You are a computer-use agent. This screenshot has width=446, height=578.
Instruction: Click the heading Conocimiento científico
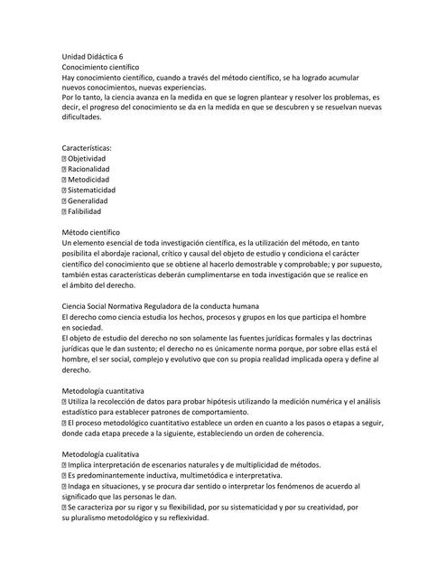pyautogui.click(x=99, y=68)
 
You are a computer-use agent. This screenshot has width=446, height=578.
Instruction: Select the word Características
pyautogui.click(x=93, y=147)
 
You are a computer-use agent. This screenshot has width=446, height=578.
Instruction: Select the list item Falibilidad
pyautogui.click(x=86, y=212)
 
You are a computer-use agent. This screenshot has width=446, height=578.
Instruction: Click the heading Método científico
pyautogui.click(x=96, y=232)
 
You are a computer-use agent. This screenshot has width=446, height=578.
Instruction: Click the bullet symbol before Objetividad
pyautogui.click(x=64, y=158)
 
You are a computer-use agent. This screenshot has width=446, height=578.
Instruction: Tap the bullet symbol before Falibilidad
pyautogui.click(x=64, y=212)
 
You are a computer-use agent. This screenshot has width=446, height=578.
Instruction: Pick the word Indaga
pyautogui.click(x=80, y=486)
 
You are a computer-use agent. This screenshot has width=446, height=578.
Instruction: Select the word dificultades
pyautogui.click(x=90, y=117)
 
